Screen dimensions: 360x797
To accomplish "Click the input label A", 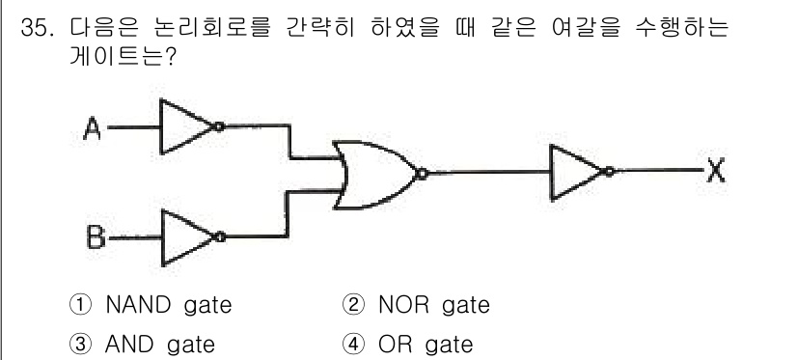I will pos(93,126).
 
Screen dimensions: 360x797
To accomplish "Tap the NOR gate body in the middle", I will pos(372,174).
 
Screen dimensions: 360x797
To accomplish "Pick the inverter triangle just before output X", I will pos(575,173).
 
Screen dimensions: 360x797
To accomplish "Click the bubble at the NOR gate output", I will pos(421,174).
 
